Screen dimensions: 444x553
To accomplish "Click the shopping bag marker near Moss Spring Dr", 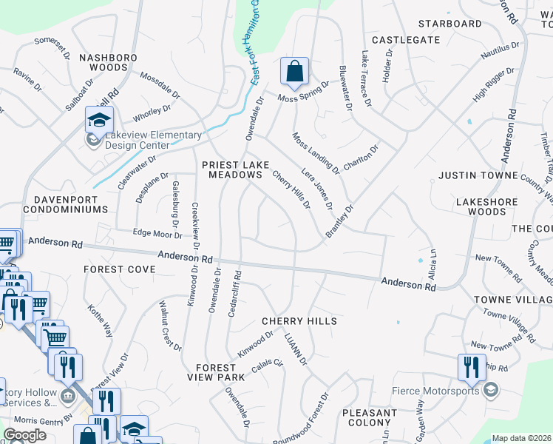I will (x=294, y=73).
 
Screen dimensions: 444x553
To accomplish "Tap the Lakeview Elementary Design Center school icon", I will (x=98, y=120).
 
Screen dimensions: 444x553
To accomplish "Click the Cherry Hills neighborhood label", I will (x=299, y=321).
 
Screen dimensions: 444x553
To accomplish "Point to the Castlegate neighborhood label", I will (x=405, y=39).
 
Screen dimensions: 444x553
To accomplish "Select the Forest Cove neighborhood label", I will (x=119, y=269).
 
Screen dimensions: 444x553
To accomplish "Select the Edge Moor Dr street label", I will (x=157, y=235).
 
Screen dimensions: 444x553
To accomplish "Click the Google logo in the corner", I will (x=24, y=435).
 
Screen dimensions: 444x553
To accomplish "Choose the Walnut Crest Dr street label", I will (x=171, y=325).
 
